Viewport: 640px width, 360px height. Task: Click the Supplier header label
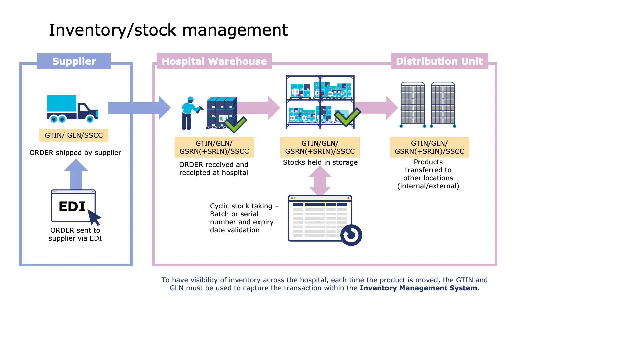pos(74,61)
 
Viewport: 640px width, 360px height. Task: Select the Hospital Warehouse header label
pos(214,61)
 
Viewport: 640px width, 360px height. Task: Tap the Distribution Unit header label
pos(439,61)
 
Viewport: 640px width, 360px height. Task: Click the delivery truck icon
pos(72,108)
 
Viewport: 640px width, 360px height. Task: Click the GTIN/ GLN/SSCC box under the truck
pos(74,135)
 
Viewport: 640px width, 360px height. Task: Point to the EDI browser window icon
pos(73,206)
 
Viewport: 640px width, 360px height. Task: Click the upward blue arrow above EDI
pos(76,174)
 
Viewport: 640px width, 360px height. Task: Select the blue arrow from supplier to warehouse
pos(139,108)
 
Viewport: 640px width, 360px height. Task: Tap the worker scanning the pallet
pos(190,113)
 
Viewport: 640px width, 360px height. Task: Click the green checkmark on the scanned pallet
pos(235,124)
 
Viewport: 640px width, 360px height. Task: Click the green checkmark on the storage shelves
pos(348,117)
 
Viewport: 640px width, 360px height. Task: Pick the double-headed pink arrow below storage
pos(320,181)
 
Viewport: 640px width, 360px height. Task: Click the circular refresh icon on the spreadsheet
pos(351,235)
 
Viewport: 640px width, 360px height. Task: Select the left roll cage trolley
pos(413,104)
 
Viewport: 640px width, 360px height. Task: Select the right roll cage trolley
pos(443,104)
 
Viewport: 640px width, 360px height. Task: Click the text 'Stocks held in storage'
pos(320,162)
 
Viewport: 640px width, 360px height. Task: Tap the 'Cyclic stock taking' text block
pos(244,218)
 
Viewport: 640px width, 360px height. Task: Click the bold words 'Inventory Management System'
pos(418,288)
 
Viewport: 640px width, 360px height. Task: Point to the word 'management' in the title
pos(235,30)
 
